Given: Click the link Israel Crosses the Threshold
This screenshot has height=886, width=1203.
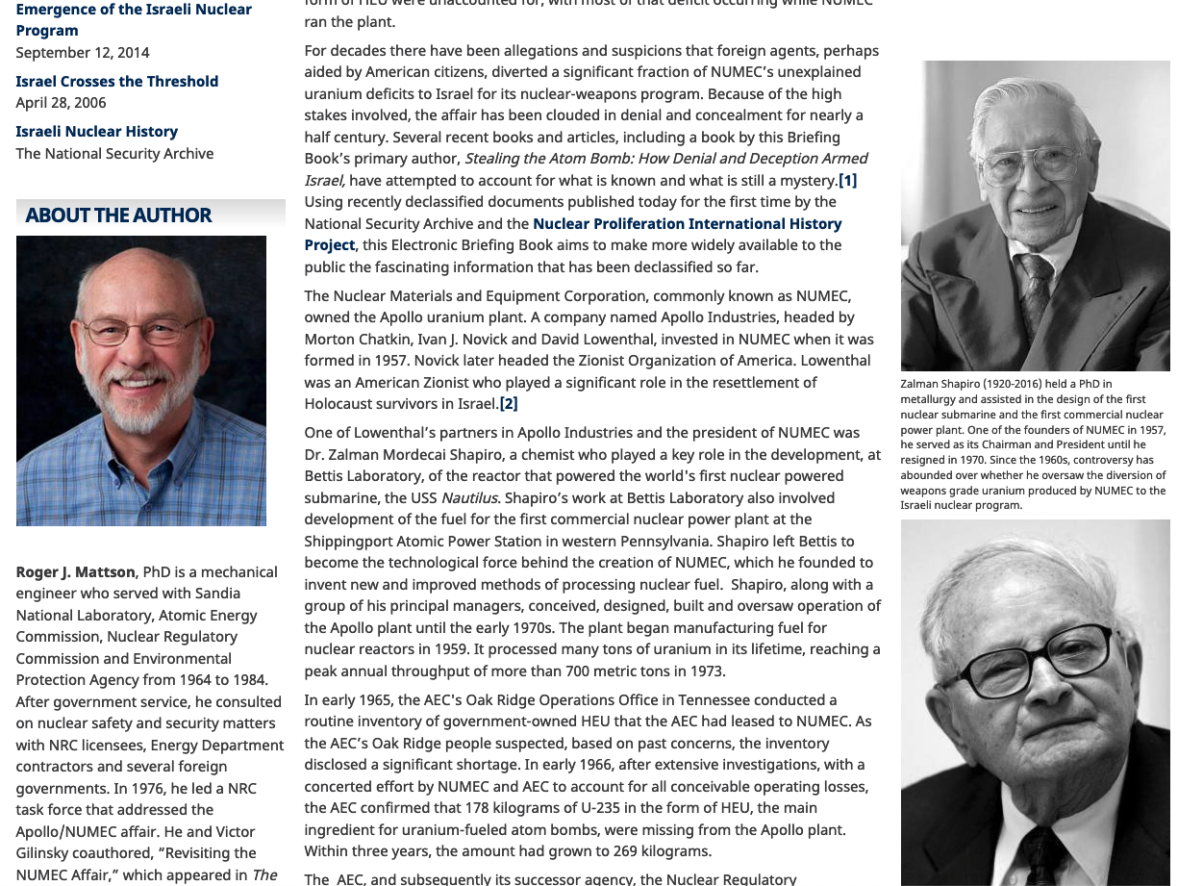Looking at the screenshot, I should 116,82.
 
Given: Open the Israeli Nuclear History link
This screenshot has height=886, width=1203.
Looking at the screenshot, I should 96,132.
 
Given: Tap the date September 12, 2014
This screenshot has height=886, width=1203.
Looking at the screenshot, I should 83,53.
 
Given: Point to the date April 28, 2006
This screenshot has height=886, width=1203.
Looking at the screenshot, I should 61,103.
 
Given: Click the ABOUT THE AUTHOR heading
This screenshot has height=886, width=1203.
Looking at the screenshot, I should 118,215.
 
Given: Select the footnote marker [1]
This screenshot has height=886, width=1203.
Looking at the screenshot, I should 847,181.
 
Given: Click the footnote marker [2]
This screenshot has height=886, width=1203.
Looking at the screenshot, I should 509,404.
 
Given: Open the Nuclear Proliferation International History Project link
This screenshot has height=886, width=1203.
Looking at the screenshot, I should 687,224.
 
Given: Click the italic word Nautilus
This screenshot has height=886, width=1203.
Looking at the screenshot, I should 469,498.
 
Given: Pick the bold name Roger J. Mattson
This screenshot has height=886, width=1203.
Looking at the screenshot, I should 77,572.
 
